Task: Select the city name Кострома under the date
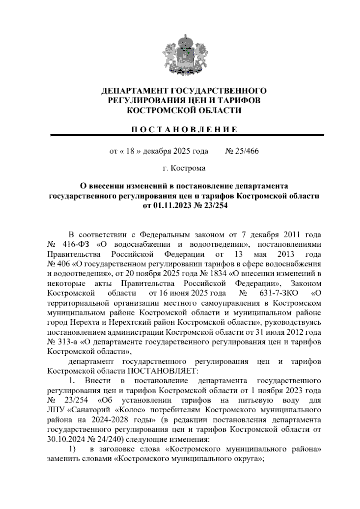click(x=188, y=168)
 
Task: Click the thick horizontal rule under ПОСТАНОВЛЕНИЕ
click(x=187, y=136)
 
